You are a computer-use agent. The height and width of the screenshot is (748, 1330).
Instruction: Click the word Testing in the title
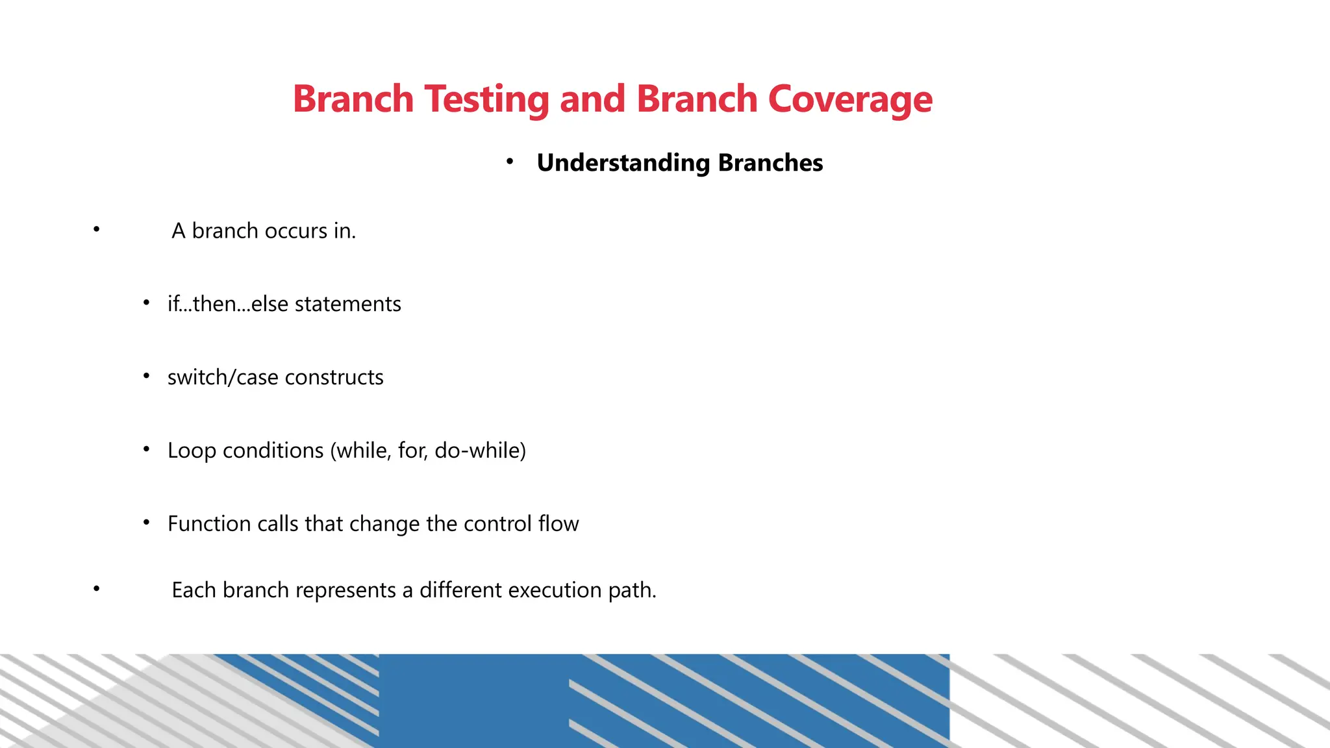[x=486, y=99]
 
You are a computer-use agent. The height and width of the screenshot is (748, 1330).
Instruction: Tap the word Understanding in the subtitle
[x=623, y=163]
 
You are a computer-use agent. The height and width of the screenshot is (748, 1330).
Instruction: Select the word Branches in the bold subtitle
[x=770, y=163]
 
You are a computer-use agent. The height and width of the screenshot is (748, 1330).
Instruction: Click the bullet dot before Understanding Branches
[x=510, y=161]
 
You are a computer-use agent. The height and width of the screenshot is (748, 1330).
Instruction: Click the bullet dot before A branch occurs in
[x=96, y=229]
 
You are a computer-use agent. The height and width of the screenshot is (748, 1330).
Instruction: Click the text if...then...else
[x=227, y=304]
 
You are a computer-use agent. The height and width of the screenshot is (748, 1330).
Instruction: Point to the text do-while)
[x=480, y=451]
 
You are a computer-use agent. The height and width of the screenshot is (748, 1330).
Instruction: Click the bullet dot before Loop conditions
[x=146, y=449]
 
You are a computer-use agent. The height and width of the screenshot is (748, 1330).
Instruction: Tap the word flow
[x=558, y=524]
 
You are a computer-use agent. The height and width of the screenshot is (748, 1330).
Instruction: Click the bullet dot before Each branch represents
[x=96, y=588]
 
